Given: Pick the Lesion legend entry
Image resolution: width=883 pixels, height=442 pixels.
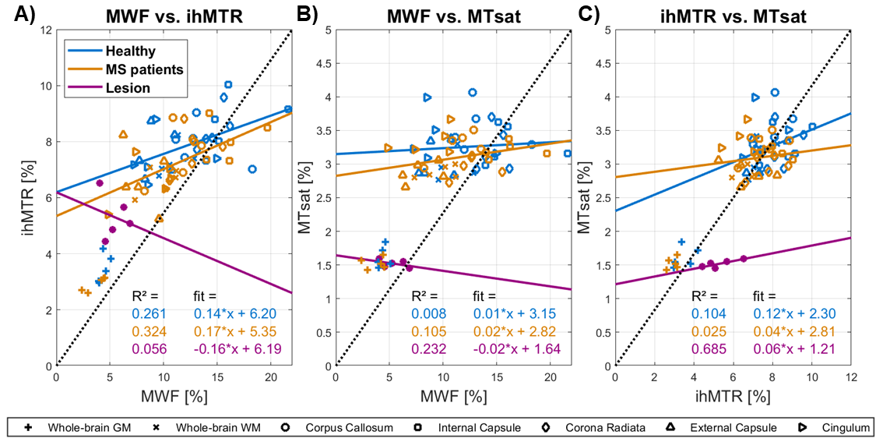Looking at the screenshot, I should (130, 88).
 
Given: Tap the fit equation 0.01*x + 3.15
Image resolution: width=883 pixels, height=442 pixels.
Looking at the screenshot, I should (511, 314).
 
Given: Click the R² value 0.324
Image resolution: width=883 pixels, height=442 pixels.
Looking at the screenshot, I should (148, 331).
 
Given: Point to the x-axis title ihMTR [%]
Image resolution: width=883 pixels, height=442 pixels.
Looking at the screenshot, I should (733, 395).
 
